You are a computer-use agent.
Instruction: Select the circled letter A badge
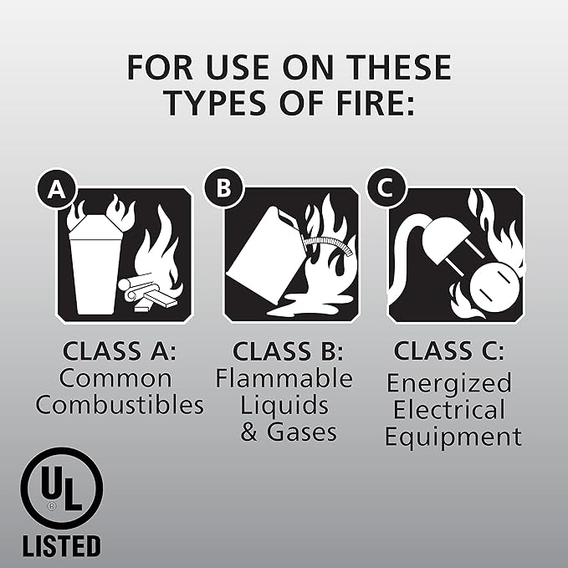click(x=55, y=190)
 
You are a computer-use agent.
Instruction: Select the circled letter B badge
click(x=223, y=189)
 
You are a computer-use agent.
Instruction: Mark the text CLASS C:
click(x=449, y=351)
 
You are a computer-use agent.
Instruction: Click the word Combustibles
click(x=120, y=407)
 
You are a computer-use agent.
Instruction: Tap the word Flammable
click(x=284, y=378)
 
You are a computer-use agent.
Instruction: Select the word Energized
click(x=449, y=383)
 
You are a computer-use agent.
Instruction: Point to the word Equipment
click(x=453, y=436)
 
